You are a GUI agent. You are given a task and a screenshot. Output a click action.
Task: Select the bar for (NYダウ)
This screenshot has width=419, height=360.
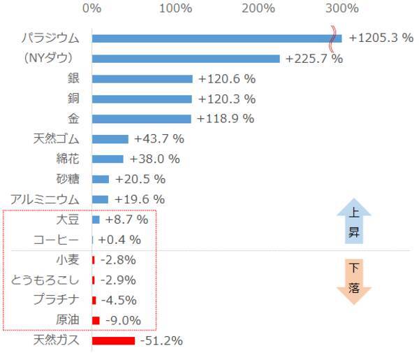[186, 59]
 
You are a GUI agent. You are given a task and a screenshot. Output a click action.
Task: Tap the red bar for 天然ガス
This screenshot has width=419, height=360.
[113, 340]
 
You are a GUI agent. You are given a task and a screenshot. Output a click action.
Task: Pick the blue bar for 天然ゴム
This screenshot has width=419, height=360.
[110, 139]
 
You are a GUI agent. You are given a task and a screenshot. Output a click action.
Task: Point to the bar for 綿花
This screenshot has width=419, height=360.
[108, 159]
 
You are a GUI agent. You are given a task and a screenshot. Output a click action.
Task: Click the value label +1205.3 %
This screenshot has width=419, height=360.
[381, 38]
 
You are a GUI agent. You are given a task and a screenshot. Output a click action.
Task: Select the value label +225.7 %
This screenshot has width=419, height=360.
[314, 59]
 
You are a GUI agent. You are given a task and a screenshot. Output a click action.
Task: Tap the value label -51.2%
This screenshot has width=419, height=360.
[161, 340]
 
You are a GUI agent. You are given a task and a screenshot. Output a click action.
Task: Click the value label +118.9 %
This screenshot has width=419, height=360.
[226, 119]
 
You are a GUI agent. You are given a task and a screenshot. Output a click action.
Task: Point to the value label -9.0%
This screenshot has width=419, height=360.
[121, 320]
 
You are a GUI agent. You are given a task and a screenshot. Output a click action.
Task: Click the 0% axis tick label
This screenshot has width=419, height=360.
[91, 8]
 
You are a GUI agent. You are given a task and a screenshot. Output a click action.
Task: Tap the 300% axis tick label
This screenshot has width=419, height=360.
[343, 8]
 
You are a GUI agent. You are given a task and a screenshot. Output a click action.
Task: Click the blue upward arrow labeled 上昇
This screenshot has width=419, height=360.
[354, 222]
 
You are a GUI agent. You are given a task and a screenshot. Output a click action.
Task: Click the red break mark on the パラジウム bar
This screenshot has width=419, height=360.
[335, 38]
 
